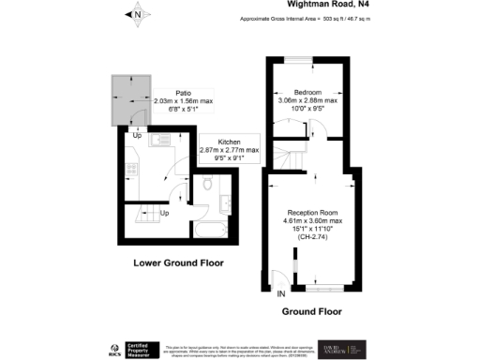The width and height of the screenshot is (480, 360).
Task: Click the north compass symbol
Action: (x=138, y=14)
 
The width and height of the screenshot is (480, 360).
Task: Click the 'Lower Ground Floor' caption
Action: (x=178, y=262)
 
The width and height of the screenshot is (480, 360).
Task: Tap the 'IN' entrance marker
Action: (x=280, y=293)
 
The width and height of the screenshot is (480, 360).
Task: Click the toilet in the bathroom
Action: (x=207, y=184)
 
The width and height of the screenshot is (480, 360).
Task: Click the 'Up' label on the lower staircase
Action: (x=165, y=213)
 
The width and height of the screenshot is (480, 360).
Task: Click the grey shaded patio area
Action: (x=126, y=100)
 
